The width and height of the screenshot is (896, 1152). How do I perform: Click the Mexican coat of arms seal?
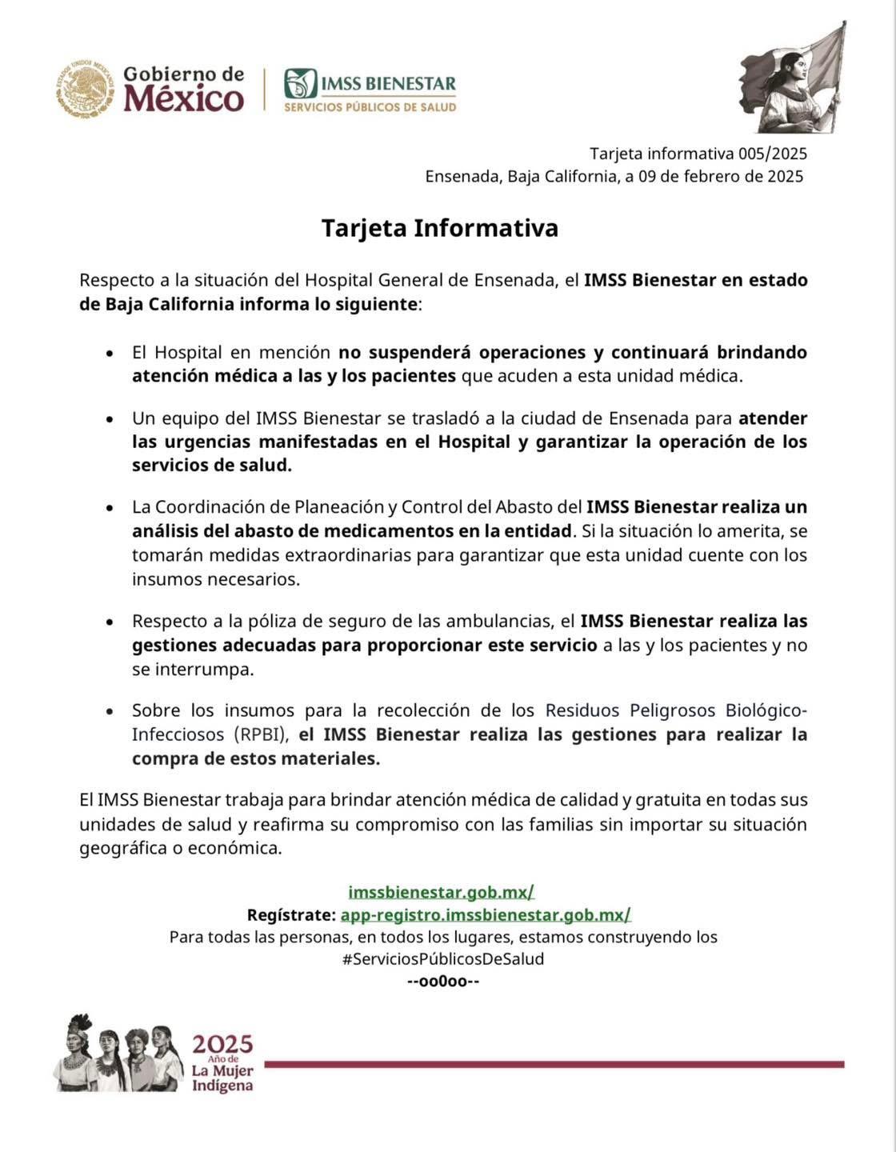coord(86,89)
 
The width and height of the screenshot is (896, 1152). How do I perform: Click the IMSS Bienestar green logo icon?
coord(301,83)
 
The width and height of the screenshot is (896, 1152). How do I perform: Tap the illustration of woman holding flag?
coord(790,78)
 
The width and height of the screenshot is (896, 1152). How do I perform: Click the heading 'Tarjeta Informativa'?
coord(439,228)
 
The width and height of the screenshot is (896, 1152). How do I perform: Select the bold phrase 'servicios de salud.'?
coord(211,466)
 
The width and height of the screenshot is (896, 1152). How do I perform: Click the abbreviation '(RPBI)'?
coord(262,734)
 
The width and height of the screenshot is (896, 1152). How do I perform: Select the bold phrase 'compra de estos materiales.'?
coord(255,758)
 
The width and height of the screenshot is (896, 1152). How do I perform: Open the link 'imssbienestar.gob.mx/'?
coord(441,892)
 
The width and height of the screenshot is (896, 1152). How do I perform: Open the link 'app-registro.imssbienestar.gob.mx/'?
coord(486,914)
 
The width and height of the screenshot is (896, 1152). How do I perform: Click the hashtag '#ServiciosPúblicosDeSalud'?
coord(442,959)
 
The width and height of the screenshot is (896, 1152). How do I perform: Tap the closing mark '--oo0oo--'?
coord(443,982)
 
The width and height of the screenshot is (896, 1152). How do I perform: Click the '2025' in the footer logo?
coord(222,1045)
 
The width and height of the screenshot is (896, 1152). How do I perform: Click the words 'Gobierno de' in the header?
coord(183,74)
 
